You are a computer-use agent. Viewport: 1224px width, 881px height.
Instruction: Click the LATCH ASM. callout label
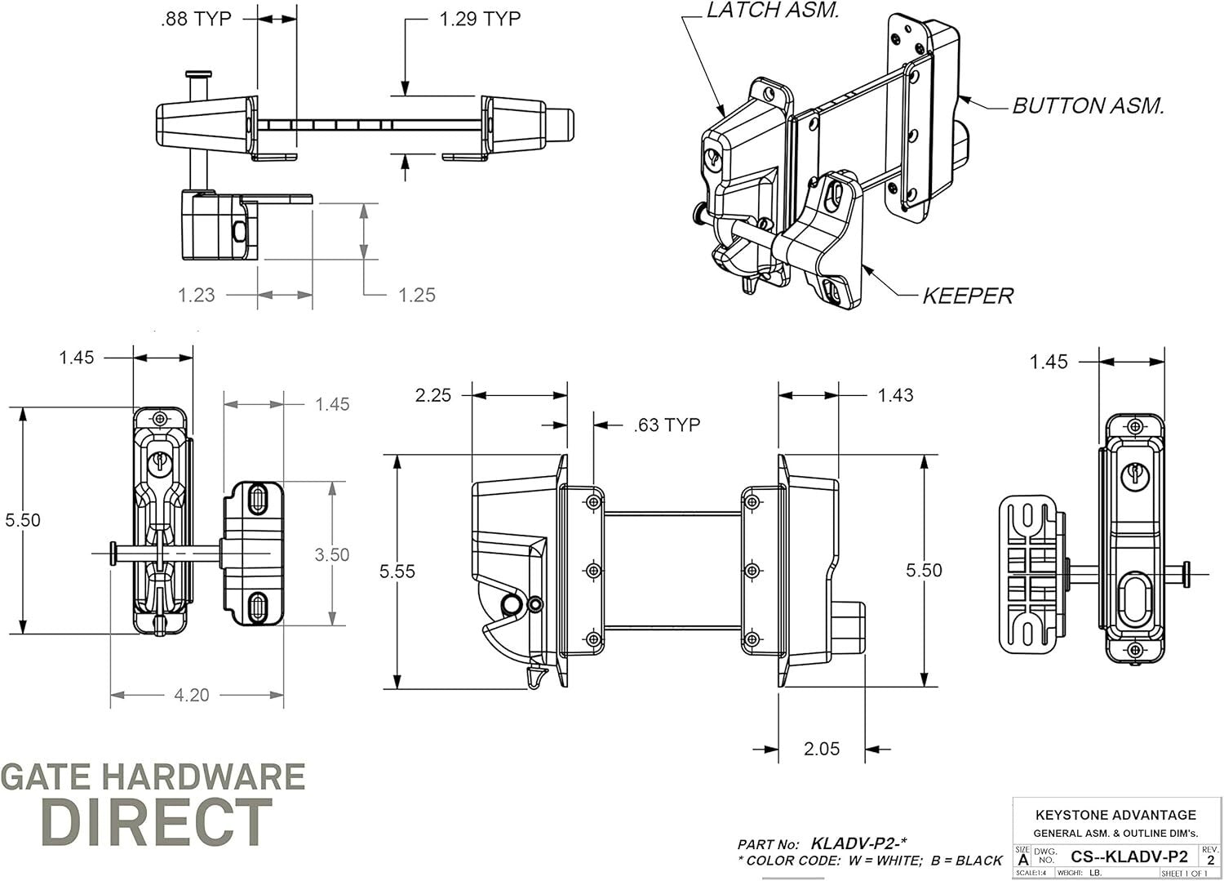click(772, 11)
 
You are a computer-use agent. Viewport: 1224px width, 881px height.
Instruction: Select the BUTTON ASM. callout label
click(1088, 106)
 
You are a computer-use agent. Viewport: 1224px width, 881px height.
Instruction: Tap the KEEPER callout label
click(967, 296)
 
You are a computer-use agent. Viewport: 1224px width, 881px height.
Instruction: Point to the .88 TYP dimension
click(196, 19)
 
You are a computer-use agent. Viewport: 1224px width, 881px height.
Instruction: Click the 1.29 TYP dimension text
click(480, 19)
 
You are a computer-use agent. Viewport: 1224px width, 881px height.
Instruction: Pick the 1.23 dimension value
click(197, 295)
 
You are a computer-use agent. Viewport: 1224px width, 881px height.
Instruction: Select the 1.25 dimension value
click(416, 295)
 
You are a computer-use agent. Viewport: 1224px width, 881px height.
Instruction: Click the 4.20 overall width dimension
click(192, 695)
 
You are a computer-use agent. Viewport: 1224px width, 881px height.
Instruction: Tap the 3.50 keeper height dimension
click(332, 555)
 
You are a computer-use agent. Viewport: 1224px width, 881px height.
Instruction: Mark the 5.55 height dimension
click(397, 572)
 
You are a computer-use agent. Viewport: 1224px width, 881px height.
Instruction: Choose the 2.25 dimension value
click(432, 395)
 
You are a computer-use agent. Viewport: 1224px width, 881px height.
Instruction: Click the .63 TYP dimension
click(667, 425)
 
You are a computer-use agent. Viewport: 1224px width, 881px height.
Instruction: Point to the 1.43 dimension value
click(895, 395)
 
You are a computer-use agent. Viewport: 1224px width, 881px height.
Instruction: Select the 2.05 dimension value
click(821, 749)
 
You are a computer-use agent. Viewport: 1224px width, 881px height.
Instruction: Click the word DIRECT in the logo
click(156, 822)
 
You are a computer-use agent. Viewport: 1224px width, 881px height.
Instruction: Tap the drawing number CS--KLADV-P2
click(1129, 857)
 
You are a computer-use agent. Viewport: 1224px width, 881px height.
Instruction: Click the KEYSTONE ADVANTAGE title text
click(1115, 815)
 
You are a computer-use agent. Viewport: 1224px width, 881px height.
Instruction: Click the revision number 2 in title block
click(1210, 860)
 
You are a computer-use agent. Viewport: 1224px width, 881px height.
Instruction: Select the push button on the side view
click(849, 627)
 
